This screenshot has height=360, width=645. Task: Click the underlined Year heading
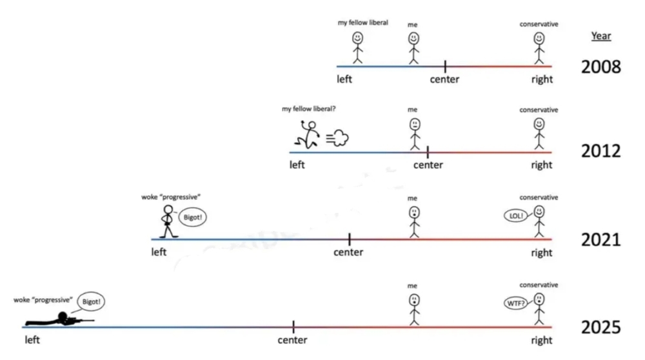point(600,36)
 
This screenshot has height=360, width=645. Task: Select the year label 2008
point(600,66)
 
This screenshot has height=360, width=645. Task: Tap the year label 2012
point(600,152)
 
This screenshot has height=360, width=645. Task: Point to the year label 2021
point(600,240)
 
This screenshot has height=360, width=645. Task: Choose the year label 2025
point(600,328)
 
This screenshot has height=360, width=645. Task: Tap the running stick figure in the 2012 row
point(308,136)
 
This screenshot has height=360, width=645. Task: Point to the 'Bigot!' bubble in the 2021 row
point(192,217)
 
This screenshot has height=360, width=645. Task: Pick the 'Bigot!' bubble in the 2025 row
point(91,301)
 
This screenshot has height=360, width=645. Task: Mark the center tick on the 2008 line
point(445,66)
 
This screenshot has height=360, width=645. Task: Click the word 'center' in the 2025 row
point(292,341)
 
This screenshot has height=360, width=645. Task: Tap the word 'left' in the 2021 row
point(159,252)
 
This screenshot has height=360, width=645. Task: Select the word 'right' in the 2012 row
point(541,165)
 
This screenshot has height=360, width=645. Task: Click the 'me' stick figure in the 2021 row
point(413,221)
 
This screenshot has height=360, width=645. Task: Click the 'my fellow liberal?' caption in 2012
point(308,109)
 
